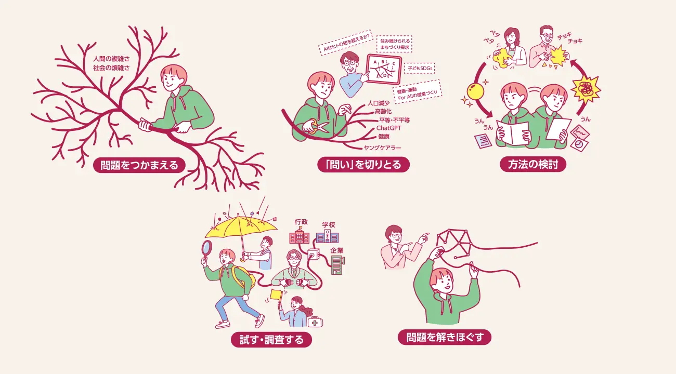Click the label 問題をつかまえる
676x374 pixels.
click(x=139, y=165)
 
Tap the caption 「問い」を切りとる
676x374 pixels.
click(x=363, y=165)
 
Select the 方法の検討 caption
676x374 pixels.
click(x=533, y=164)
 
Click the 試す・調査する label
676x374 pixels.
click(x=271, y=340)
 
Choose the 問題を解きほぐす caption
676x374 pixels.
click(x=445, y=337)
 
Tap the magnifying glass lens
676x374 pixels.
click(x=207, y=247)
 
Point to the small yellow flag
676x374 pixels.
click(x=276, y=295)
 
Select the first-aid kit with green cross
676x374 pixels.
click(x=315, y=322)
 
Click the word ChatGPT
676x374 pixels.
click(x=389, y=128)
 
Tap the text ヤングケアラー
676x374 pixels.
click(x=382, y=148)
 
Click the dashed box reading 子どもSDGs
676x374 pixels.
click(x=420, y=69)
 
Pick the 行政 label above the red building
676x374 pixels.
click(x=301, y=222)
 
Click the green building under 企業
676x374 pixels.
click(x=337, y=265)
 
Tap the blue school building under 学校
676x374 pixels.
click(x=327, y=236)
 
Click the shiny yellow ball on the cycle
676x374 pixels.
click(x=475, y=91)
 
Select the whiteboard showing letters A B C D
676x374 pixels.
click(x=384, y=69)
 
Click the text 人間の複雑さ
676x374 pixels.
click(x=111, y=59)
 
